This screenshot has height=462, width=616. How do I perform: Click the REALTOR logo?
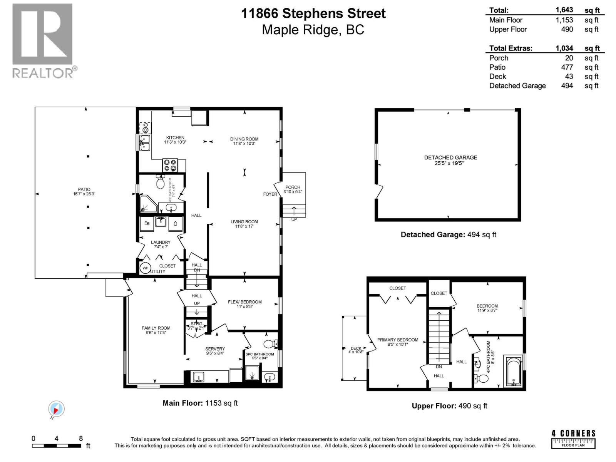pyautogui.click(x=43, y=40)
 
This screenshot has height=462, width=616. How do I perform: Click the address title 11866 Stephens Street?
pyautogui.click(x=313, y=13)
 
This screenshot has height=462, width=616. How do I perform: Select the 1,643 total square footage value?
pyautogui.click(x=564, y=10)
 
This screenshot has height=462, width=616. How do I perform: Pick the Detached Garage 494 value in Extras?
pyautogui.click(x=567, y=86)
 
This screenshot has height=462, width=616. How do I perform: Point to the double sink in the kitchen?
pyautogui.click(x=144, y=142)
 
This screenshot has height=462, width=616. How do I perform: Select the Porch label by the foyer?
pyautogui.click(x=293, y=187)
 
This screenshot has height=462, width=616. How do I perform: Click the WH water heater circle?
pyautogui.click(x=145, y=268)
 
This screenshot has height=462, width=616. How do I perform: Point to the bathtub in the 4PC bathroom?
pyautogui.click(x=513, y=372)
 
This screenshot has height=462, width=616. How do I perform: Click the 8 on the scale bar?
pyautogui.click(x=81, y=438)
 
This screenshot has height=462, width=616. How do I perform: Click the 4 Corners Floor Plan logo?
pyautogui.click(x=573, y=439)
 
